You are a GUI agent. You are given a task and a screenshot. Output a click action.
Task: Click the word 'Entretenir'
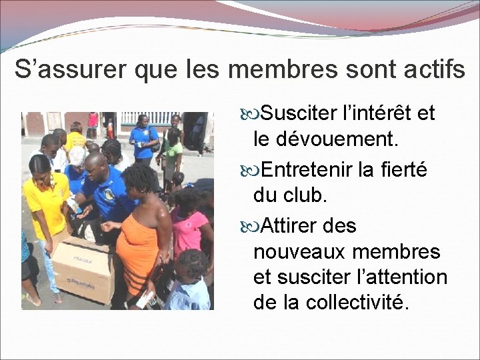pos(307,171)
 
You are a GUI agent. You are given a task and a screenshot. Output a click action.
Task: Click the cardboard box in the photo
pos(83,267)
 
